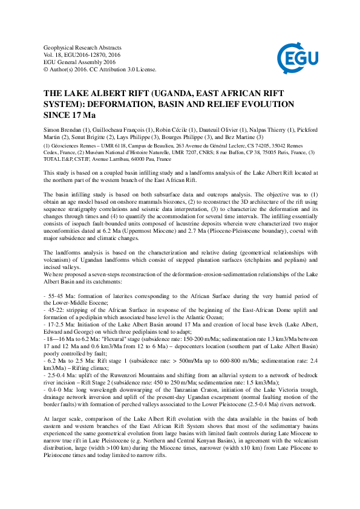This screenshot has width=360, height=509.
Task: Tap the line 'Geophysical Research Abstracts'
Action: point(83,47)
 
